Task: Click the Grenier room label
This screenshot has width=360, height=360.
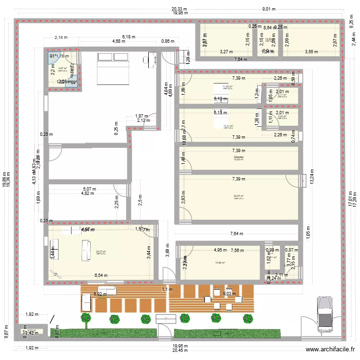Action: [x=239, y=157]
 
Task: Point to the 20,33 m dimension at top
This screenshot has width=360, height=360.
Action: [x=180, y=9]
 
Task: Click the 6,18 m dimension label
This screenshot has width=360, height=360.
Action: [x=129, y=36]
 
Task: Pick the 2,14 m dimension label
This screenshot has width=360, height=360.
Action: [x=61, y=37]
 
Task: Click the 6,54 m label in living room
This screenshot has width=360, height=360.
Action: [x=101, y=276]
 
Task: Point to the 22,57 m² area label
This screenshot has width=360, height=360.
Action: [x=101, y=251]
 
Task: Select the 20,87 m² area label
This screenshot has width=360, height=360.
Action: [x=239, y=196]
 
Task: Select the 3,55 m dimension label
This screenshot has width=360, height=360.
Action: [x=311, y=51]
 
